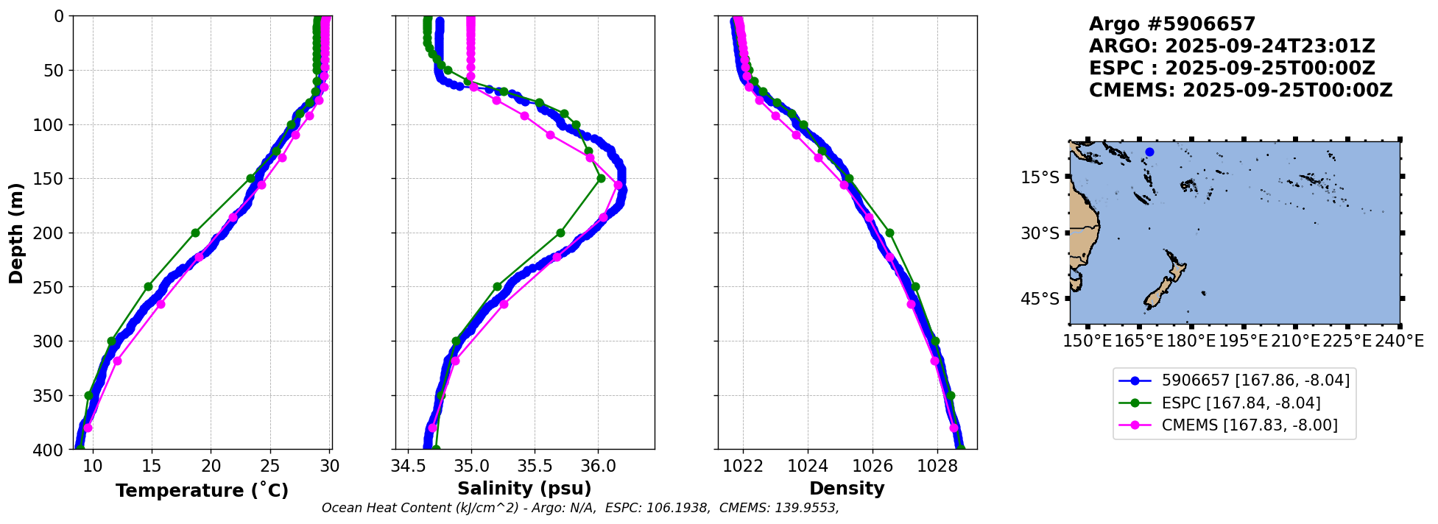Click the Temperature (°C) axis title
click(202, 491)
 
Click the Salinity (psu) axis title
click(524, 489)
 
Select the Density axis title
click(847, 489)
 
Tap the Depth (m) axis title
click(15, 233)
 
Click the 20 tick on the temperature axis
click(211, 466)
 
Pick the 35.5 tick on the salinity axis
click(535, 466)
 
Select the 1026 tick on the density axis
click(873, 466)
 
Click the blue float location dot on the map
click(1149, 152)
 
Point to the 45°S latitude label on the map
click(1040, 299)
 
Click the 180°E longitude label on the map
click(1191, 341)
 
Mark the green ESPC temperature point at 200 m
click(196, 233)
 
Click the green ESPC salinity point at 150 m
click(601, 178)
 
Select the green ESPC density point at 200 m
click(889, 233)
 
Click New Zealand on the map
click(1163, 287)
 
